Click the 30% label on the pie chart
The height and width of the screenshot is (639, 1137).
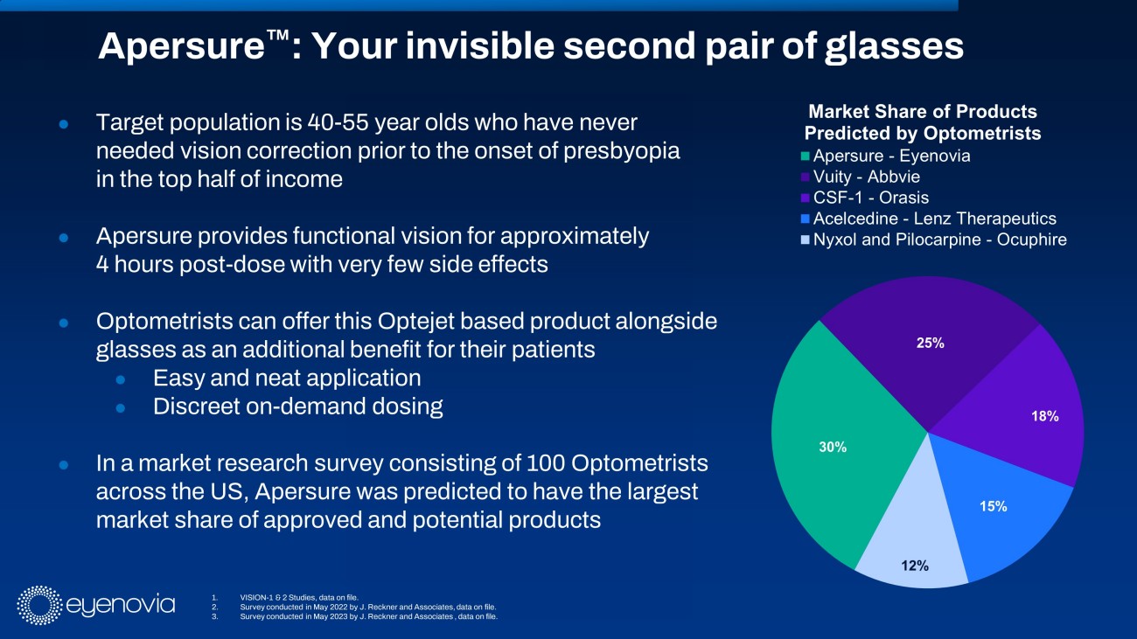click(833, 447)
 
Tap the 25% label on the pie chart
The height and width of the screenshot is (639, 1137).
click(930, 344)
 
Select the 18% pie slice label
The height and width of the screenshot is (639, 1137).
click(1044, 417)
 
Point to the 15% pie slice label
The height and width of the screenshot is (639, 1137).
click(993, 506)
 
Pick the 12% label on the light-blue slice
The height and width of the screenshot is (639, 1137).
click(914, 565)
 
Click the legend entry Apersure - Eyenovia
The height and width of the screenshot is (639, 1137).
click(891, 156)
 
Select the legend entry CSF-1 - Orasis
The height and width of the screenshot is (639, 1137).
click(870, 198)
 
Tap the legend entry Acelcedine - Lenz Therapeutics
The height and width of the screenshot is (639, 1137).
click(934, 219)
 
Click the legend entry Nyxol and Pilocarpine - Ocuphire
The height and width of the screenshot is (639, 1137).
click(939, 240)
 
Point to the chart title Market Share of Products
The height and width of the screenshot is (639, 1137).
click(923, 112)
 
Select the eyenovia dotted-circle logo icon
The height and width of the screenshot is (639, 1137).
click(36, 605)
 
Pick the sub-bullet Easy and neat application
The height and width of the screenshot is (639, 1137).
click(287, 379)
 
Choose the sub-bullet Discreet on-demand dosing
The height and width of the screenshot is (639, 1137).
click(297, 406)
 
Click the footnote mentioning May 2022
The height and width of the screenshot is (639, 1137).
click(373, 606)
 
